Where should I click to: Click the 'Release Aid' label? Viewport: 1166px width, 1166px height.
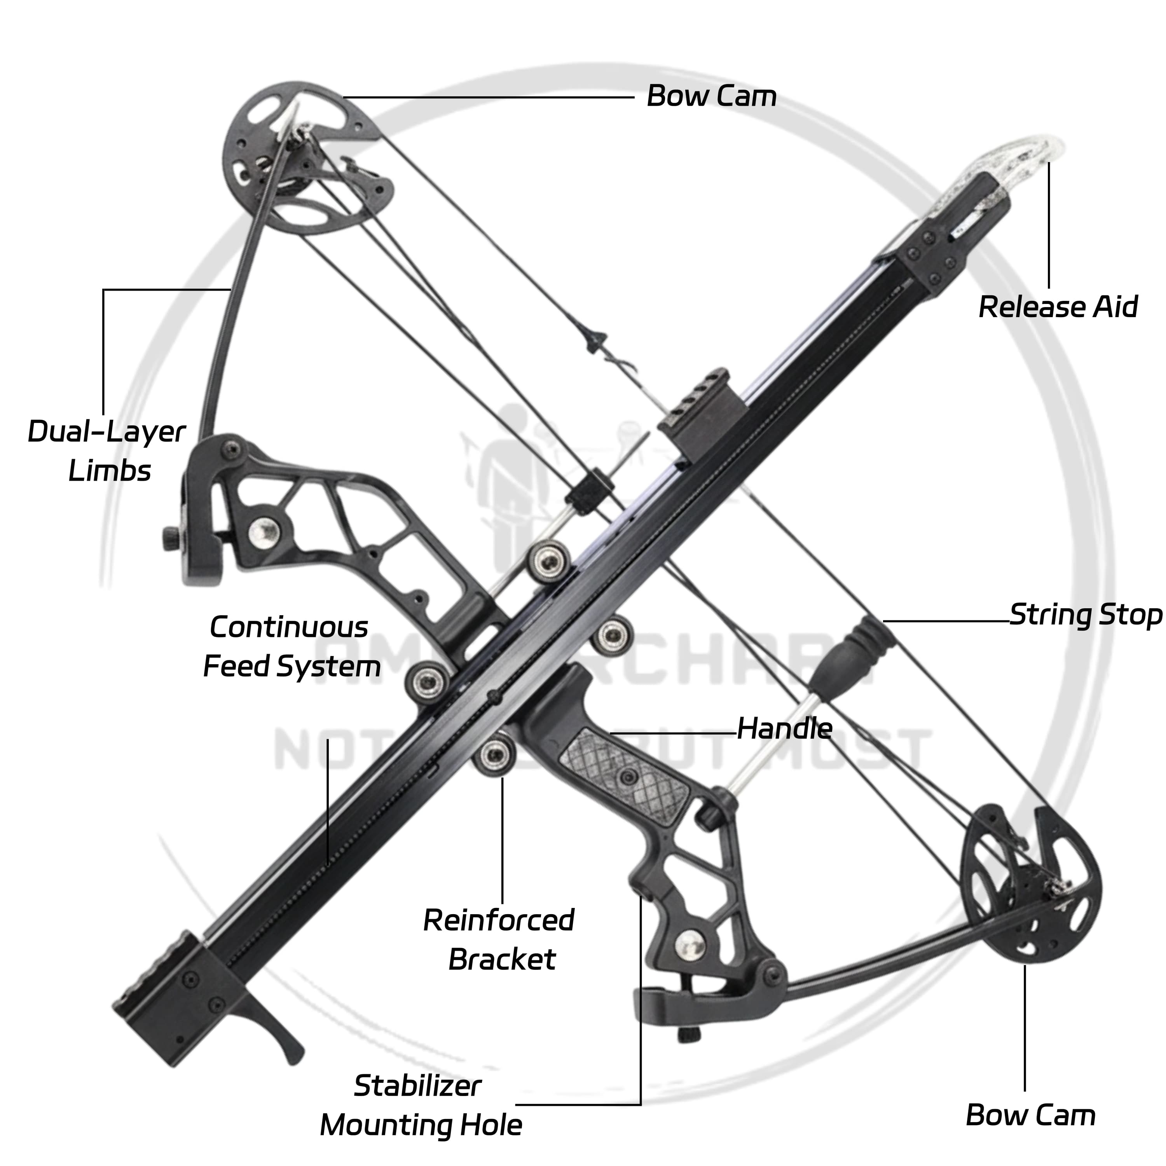(1057, 307)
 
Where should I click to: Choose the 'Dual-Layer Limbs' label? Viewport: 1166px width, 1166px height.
(107, 451)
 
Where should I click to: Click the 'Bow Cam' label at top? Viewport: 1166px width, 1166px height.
(711, 96)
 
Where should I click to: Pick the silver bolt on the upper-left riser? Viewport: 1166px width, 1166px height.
(264, 531)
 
